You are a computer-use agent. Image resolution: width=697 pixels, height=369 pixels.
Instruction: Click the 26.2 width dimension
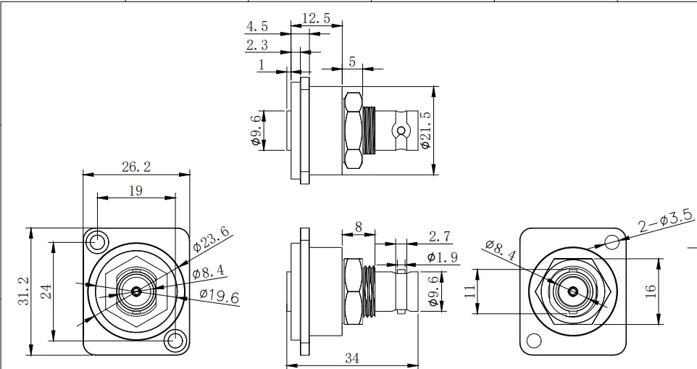point(136,167)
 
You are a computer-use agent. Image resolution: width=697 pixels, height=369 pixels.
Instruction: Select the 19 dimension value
point(136,191)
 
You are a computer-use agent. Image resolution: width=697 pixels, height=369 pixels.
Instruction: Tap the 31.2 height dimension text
point(23,291)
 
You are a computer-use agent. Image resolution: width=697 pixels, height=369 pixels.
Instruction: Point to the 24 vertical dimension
point(45,291)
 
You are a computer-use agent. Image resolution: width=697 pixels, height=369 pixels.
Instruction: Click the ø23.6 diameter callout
point(212,239)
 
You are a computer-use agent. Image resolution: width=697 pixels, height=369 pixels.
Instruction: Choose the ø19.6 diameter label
point(219,296)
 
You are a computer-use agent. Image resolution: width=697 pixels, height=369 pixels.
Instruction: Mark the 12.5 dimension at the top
point(317,18)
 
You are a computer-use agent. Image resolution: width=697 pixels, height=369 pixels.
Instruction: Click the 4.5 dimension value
point(256,27)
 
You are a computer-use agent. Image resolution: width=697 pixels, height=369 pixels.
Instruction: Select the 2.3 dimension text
point(256,45)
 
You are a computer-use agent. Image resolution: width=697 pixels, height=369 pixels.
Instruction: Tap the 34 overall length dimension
point(353,357)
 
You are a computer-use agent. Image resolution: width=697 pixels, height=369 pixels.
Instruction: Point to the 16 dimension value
point(651,290)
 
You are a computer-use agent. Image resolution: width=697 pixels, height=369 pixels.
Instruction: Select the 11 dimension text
point(469,291)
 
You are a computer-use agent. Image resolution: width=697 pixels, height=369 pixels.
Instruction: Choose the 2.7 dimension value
point(440,236)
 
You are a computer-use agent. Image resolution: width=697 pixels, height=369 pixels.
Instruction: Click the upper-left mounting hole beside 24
point(96,241)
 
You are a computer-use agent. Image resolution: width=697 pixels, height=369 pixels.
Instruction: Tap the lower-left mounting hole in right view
point(534,341)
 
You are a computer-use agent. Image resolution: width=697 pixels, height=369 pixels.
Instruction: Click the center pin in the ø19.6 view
point(135,291)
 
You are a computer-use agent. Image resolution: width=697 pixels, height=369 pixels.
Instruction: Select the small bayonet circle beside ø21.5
point(398,132)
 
